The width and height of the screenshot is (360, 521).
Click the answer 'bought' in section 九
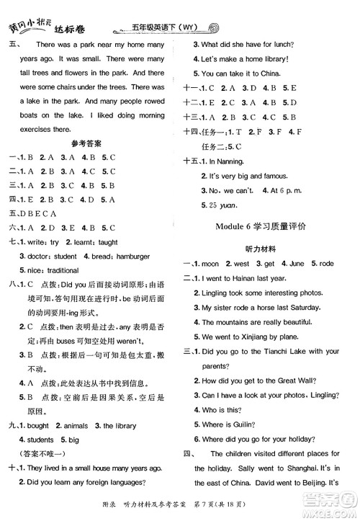pos(37,425)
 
